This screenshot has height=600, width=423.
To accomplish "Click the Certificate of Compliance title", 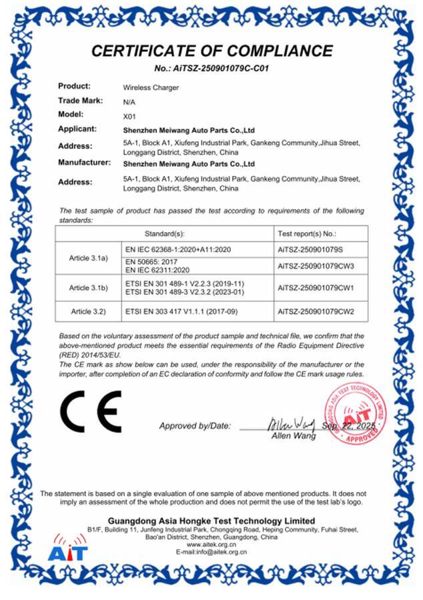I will coord(211,51).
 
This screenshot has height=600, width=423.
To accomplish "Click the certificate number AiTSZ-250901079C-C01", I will coord(211,68).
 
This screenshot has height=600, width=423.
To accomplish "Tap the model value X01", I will coord(129,115).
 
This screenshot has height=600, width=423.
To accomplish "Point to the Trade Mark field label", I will coord(80,101).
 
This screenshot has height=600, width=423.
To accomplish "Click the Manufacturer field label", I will coord(83,162).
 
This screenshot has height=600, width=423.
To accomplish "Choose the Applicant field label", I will coord(77,129).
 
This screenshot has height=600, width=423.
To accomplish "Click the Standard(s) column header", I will coord(164,234).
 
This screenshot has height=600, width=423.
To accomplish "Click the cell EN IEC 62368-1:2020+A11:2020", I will coord(177,249).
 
